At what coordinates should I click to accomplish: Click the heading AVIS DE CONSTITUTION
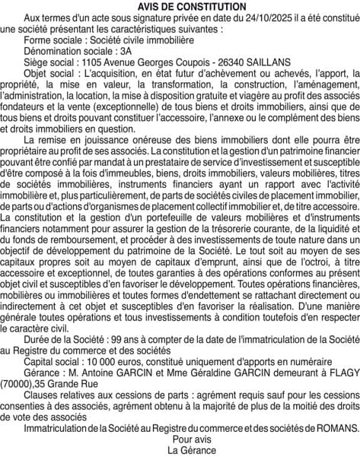point(180,6)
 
